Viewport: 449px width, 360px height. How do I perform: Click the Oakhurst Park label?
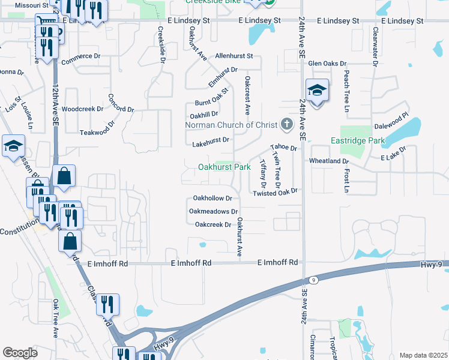pyautogui.click(x=224, y=167)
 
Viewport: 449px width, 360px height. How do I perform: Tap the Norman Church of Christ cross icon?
pyautogui.click(x=287, y=125)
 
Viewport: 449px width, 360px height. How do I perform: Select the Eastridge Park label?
pyautogui.click(x=357, y=140)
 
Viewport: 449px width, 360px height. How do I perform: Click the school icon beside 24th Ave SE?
pyautogui.click(x=317, y=91)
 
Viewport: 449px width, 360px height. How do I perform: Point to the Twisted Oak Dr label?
pyautogui.click(x=276, y=193)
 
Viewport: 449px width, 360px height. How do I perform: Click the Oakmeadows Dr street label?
pyautogui.click(x=214, y=211)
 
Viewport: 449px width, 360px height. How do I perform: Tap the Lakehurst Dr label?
pyautogui.click(x=211, y=142)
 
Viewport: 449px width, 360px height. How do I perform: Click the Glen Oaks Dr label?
pyautogui.click(x=327, y=63)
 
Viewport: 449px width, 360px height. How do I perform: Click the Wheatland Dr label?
pyautogui.click(x=329, y=161)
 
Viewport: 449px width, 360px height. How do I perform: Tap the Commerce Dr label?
pyautogui.click(x=80, y=56)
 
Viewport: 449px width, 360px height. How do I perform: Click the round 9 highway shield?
pyautogui.click(x=313, y=280)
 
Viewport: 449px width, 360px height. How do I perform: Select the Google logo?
pyautogui.click(x=20, y=353)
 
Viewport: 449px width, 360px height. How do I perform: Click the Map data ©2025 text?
pyautogui.click(x=423, y=355)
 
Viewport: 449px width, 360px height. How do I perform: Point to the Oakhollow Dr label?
pyautogui.click(x=212, y=198)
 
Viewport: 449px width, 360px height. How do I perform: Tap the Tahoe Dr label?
pyautogui.click(x=283, y=147)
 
